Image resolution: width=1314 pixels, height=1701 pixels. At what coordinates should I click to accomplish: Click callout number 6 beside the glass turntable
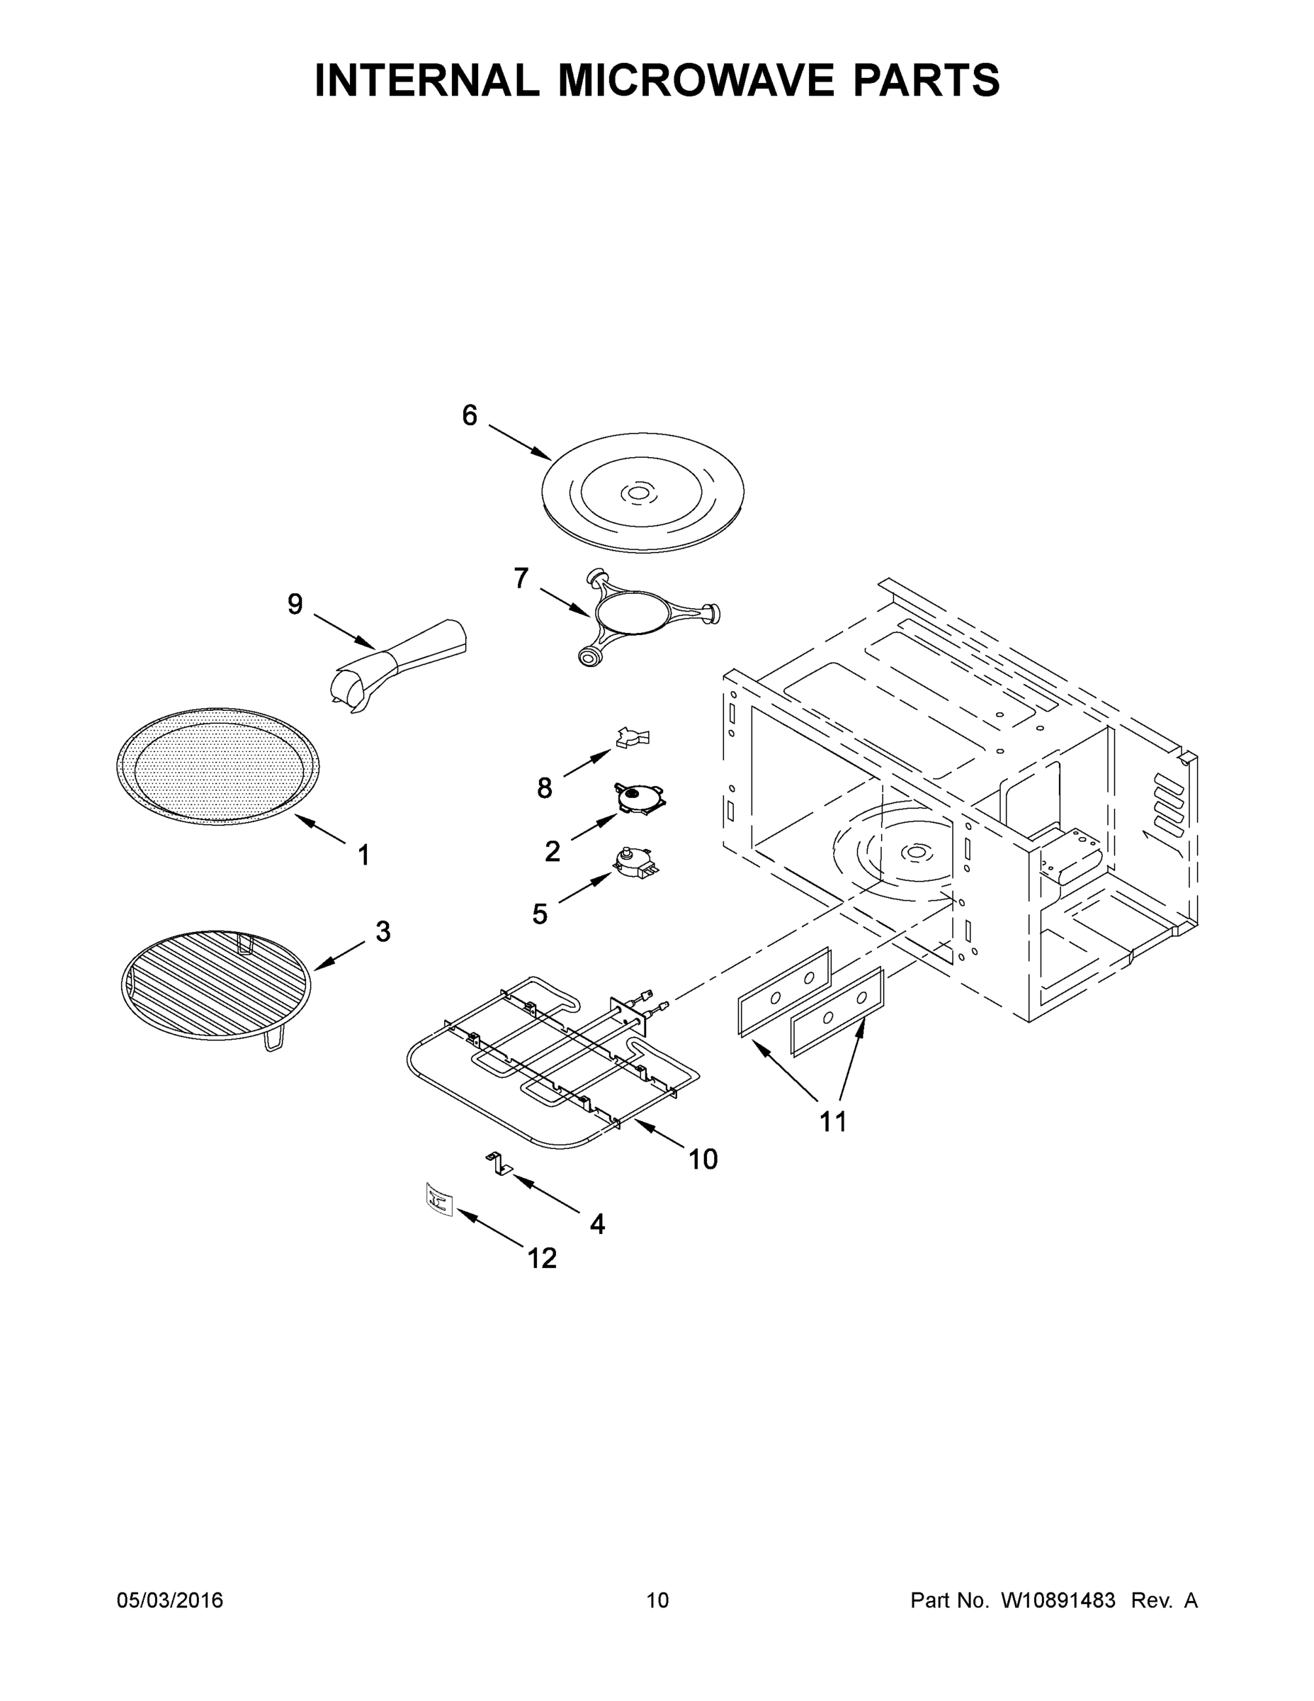coord(469,416)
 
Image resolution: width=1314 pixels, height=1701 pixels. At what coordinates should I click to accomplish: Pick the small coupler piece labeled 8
coord(632,737)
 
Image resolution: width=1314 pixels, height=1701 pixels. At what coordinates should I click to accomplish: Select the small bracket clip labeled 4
coord(498,1164)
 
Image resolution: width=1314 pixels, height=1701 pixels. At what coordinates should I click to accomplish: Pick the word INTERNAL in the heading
coord(426,80)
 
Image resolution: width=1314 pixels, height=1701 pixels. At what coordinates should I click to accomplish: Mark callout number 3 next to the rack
coord(383,931)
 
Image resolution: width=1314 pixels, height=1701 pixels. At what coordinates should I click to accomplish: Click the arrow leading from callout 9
coord(344,631)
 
